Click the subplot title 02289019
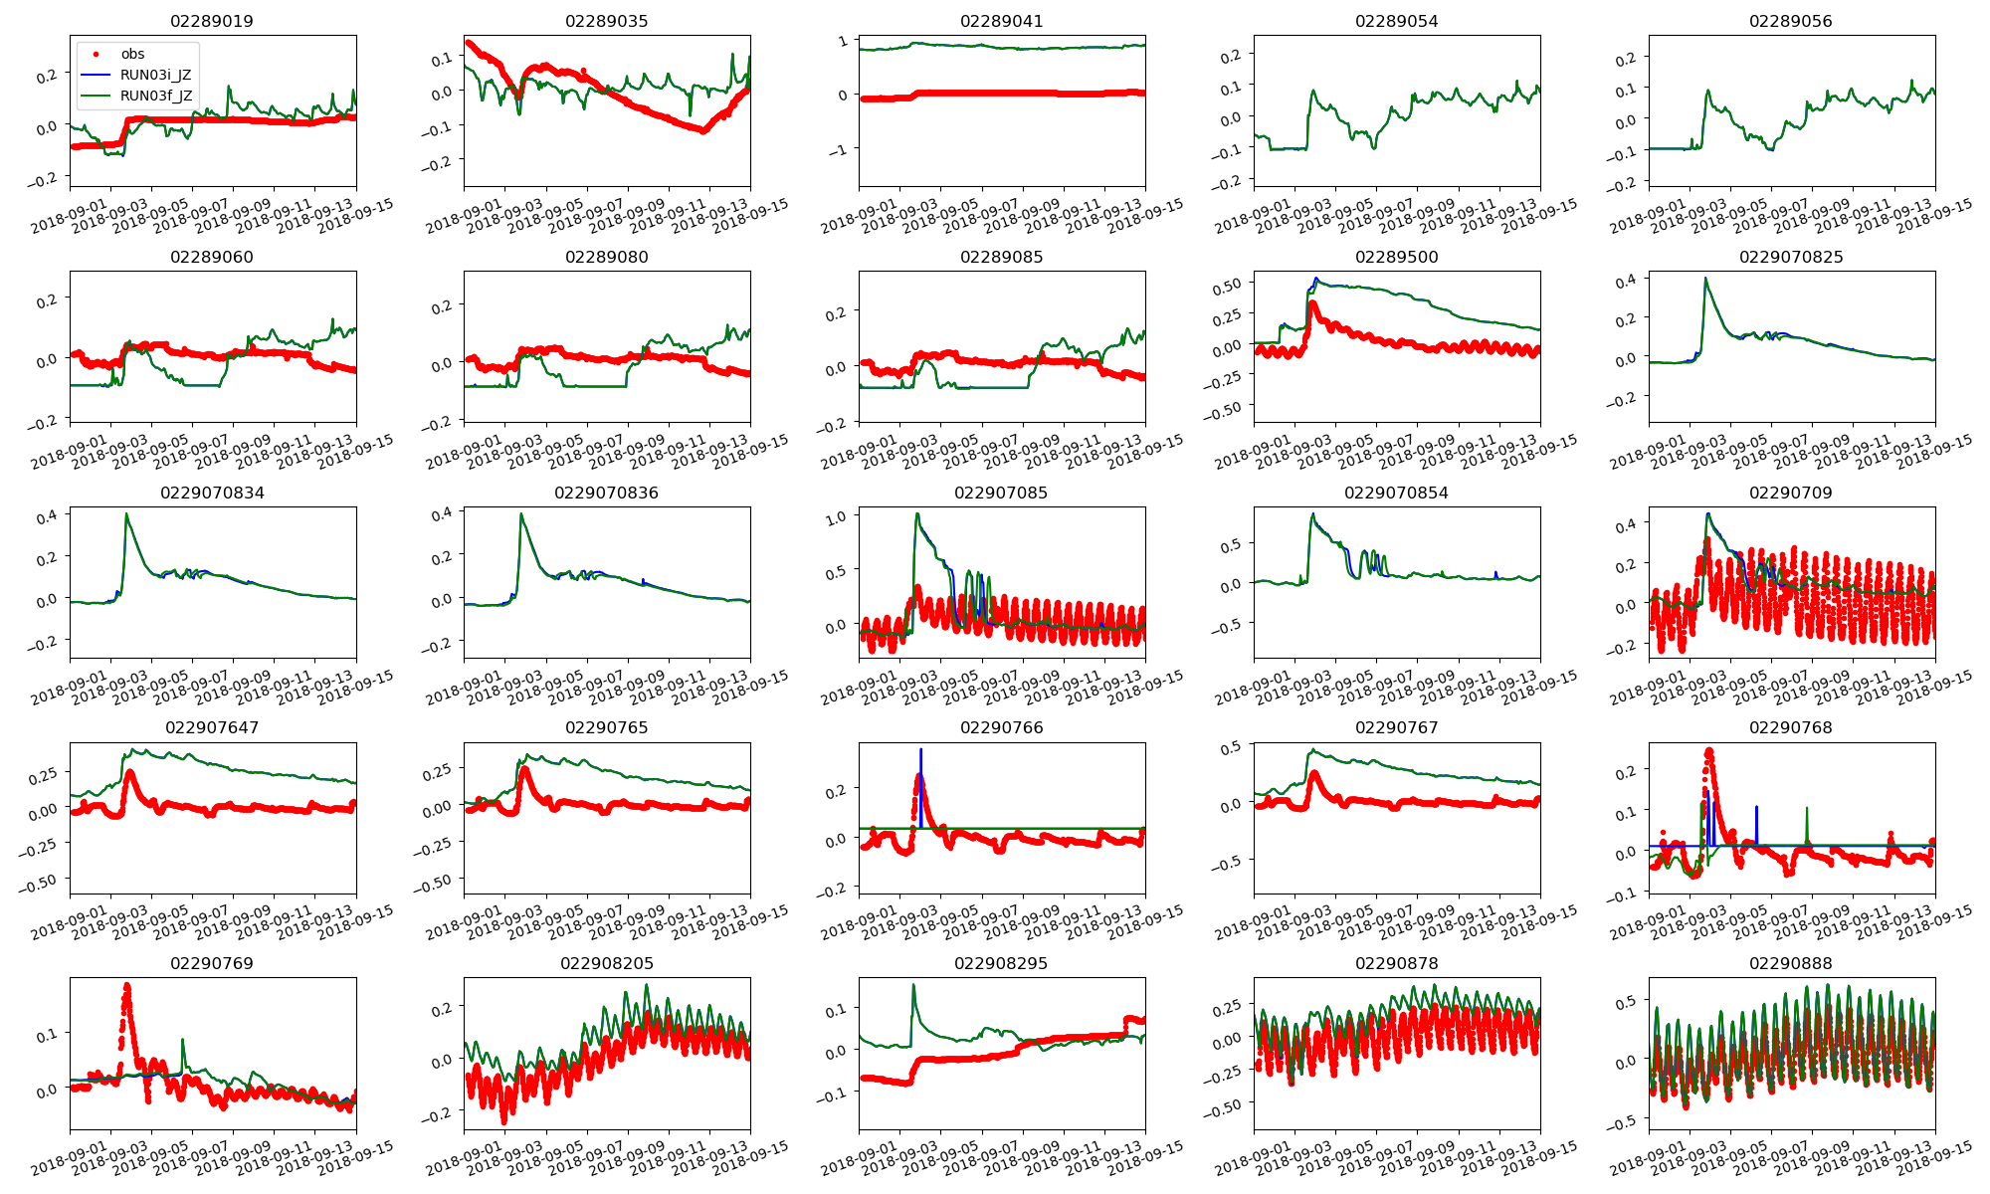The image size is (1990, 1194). coord(212,21)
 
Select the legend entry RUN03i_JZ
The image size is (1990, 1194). coord(155,75)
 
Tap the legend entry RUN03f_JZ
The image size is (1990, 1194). coord(155,96)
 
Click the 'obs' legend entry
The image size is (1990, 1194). coord(132,54)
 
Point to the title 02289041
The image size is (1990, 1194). coord(1001,21)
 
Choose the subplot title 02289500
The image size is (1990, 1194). coord(1396,257)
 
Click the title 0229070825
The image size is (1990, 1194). coord(1791,257)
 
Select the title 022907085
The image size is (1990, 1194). coord(1001,493)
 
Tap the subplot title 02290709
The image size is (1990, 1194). coord(1791,493)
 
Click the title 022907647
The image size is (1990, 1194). coord(212,727)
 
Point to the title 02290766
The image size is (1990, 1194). coord(1001,727)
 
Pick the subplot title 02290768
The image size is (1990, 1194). coord(1791,727)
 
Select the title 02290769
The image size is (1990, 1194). coord(212,963)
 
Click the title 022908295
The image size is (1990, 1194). coord(1001,963)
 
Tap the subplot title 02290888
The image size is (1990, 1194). coord(1791,963)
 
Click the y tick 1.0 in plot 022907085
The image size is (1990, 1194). coord(836,516)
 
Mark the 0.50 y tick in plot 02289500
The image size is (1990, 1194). coord(1226,285)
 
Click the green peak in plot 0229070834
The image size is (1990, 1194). coord(126,514)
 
